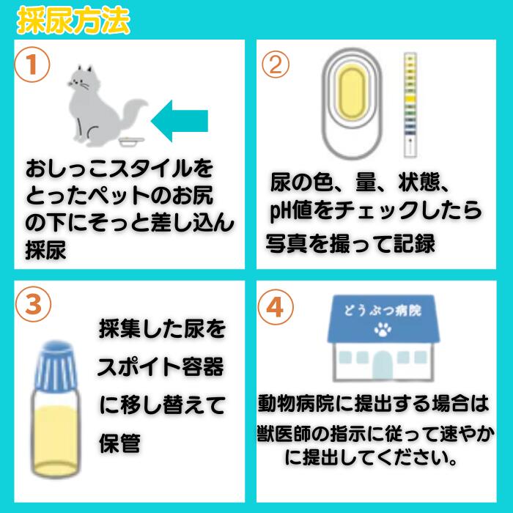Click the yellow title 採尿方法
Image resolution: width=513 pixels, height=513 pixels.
(x=73, y=21)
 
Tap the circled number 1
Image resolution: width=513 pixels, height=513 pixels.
(x=32, y=64)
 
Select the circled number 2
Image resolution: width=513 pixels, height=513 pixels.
(x=276, y=64)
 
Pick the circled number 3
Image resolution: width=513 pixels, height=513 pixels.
(x=34, y=304)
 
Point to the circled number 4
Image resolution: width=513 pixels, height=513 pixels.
(x=276, y=307)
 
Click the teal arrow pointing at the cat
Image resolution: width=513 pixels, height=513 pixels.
(x=180, y=121)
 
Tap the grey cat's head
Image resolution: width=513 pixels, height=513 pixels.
(x=80, y=79)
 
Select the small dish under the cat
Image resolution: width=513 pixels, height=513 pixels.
(x=131, y=141)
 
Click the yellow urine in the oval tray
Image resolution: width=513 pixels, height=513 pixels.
(x=352, y=92)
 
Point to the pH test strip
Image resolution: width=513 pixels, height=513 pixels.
(x=410, y=105)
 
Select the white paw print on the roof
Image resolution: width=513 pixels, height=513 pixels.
(x=383, y=330)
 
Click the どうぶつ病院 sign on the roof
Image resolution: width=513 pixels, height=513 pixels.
(x=383, y=310)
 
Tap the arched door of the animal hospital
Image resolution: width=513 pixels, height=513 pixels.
(x=383, y=366)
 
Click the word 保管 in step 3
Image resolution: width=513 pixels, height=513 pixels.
(x=119, y=443)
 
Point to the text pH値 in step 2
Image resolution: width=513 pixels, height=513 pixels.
(x=290, y=211)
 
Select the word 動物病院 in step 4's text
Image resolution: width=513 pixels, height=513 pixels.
(x=296, y=404)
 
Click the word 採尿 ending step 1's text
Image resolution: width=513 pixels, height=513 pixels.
(x=45, y=251)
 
